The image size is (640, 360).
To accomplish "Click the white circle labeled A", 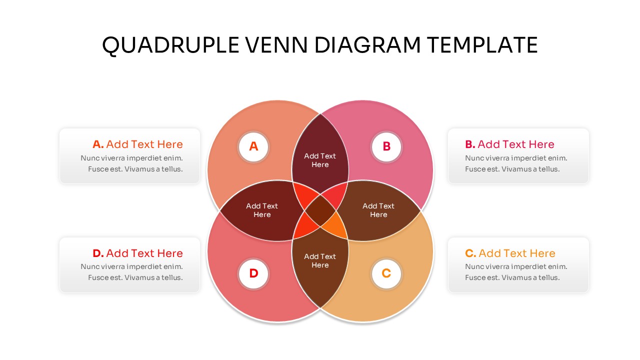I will point(253,147).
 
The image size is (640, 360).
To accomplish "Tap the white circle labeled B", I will point(386,147).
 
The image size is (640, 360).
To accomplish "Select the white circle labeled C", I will point(386,274).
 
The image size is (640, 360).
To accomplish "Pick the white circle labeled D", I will point(253,274).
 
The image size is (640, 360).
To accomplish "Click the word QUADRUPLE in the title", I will point(170,45).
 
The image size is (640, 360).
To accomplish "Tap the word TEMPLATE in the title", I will point(482,45).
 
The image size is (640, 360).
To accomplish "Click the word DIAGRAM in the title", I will point(367,45).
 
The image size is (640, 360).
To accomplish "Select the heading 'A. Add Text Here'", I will point(137,144).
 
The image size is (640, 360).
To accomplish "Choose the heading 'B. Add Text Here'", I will point(509,144).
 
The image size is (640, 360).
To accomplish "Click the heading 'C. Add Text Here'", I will point(510,253).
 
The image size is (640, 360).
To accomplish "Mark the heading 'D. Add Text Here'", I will point(137,253).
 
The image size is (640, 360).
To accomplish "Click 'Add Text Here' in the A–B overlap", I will point(320,160).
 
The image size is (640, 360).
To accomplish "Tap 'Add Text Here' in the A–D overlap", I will point(262,210).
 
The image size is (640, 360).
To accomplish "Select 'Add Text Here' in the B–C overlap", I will point(378,210).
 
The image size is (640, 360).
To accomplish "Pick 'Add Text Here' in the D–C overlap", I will point(320,261).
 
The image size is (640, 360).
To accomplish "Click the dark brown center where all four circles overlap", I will point(320,210).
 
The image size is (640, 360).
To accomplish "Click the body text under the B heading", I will point(516,163).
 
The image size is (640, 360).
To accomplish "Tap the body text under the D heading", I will point(131,272).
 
